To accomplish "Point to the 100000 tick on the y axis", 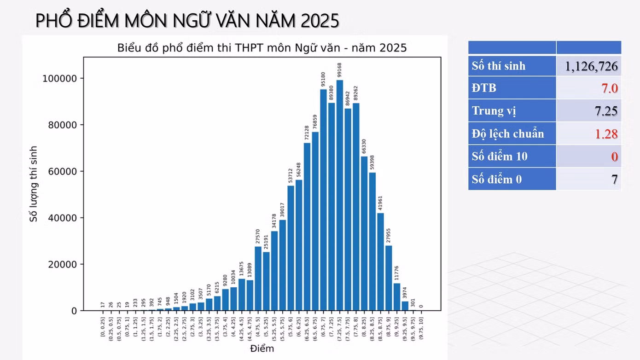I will [59, 79].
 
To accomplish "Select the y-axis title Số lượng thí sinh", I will [34, 184].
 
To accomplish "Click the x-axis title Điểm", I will [262, 348].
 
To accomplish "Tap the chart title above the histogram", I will [262, 48].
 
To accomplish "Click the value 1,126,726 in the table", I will [591, 66].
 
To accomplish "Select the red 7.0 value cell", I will [609, 88].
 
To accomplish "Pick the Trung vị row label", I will [494, 111].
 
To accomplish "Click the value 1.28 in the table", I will [606, 134].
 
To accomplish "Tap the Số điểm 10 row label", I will [500, 157].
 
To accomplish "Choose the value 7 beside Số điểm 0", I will [614, 179].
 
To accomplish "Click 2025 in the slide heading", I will [320, 21].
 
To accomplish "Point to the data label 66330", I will [364, 146].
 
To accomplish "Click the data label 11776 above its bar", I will [396, 273].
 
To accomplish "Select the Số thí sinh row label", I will [498, 66].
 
